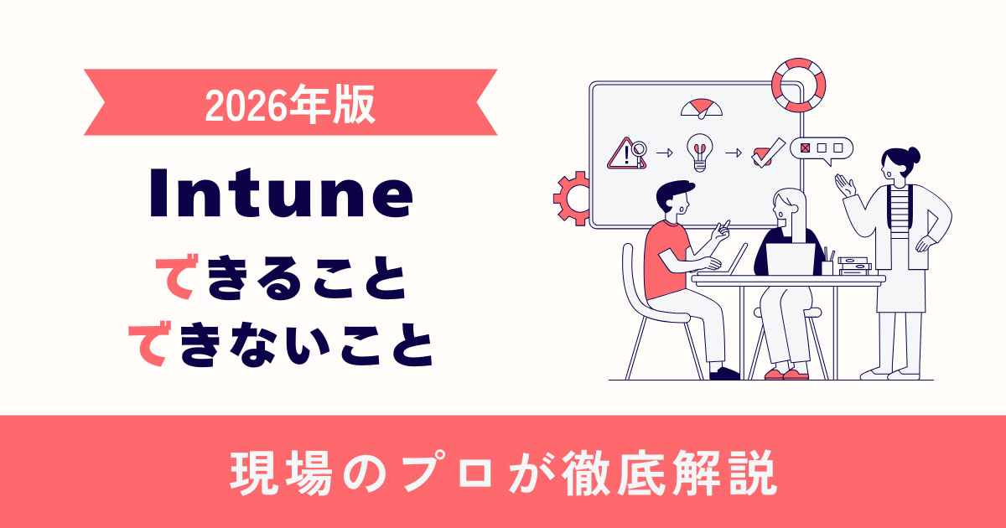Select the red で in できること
coord(177,282)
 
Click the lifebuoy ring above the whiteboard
coord(797,85)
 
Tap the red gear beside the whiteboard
coord(571,198)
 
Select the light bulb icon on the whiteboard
coord(698,153)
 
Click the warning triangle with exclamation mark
coord(624,153)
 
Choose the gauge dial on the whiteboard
coord(701,108)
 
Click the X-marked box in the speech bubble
coord(806,148)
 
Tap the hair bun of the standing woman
coord(912,155)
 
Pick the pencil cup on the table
coord(827,264)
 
